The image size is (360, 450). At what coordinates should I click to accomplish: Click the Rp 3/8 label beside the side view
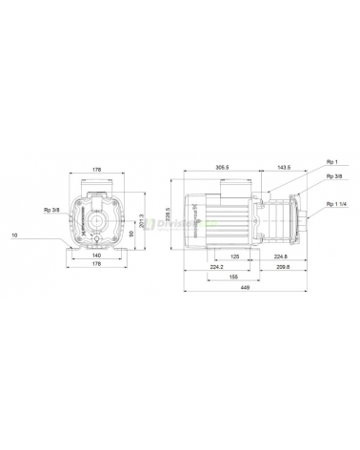click(334, 176)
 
